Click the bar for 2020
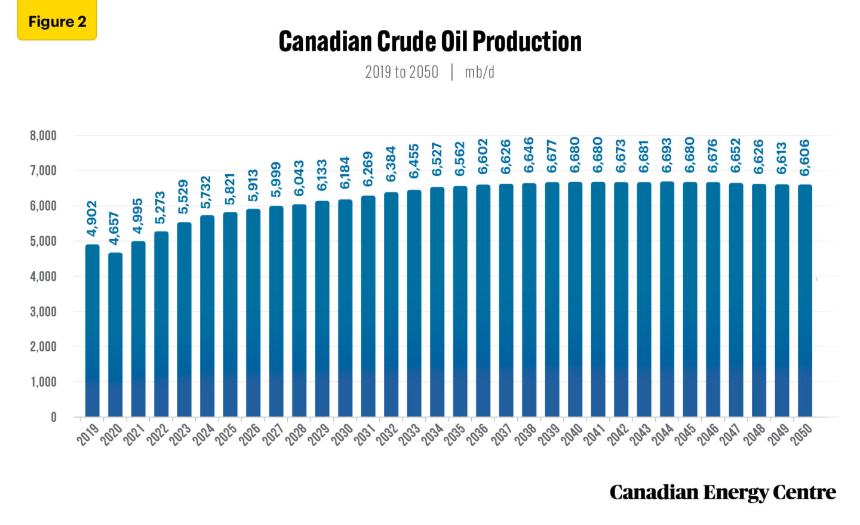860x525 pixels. point(115,334)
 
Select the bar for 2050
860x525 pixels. point(805,301)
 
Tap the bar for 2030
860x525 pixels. point(345,308)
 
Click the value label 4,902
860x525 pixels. point(91,218)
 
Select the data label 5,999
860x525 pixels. point(275,180)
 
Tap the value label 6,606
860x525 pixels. point(805,157)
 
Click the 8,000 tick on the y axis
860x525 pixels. point(43,136)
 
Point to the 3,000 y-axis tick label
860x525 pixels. point(43,311)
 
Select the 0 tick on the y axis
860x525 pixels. point(54,418)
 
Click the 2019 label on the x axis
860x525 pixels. point(88,435)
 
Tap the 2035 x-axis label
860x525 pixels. point(455,435)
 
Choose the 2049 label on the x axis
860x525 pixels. point(778,435)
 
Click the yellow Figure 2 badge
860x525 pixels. point(57,21)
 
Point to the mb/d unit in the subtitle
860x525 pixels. point(479,72)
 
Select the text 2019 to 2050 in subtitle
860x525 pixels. point(401,72)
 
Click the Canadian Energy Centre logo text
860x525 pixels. point(722,492)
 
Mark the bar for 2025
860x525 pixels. point(230,314)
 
